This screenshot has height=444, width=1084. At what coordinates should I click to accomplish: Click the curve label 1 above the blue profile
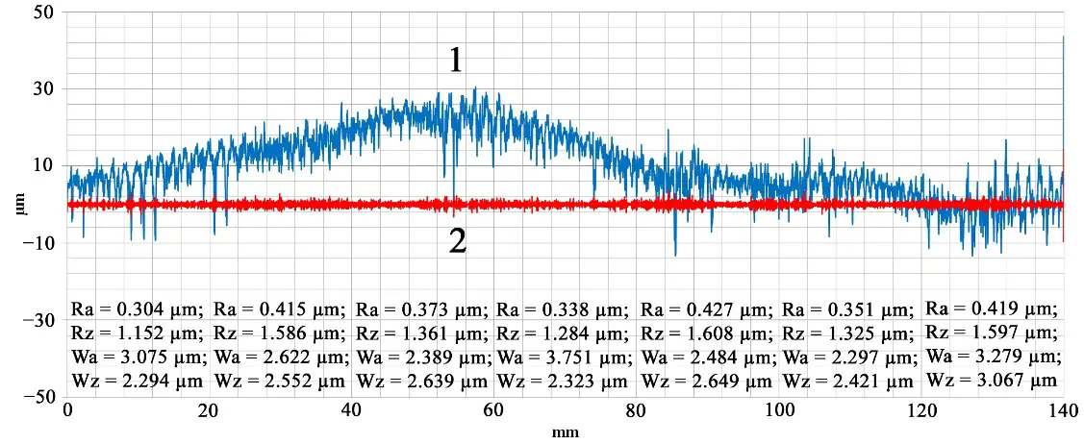tap(456, 62)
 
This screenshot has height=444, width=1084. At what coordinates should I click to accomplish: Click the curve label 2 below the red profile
tap(458, 240)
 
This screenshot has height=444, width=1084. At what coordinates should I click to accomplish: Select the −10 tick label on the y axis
tap(40, 243)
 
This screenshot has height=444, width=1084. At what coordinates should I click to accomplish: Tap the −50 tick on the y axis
tap(40, 397)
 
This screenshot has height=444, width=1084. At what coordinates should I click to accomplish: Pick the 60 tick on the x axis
tap(493, 411)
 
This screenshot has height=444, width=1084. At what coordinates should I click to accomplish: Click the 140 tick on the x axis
tap(1062, 411)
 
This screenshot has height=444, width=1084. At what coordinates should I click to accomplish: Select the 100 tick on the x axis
tap(777, 411)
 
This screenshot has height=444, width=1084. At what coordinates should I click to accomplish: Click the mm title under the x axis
tap(565, 432)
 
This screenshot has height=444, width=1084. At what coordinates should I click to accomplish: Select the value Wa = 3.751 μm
tap(564, 357)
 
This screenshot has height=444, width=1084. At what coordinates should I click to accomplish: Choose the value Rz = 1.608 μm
tap(706, 333)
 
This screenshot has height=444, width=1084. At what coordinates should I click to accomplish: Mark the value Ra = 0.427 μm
tap(706, 309)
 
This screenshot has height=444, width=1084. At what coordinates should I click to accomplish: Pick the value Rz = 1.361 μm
tap(421, 333)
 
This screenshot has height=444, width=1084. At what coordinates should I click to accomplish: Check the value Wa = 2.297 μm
tap(848, 357)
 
